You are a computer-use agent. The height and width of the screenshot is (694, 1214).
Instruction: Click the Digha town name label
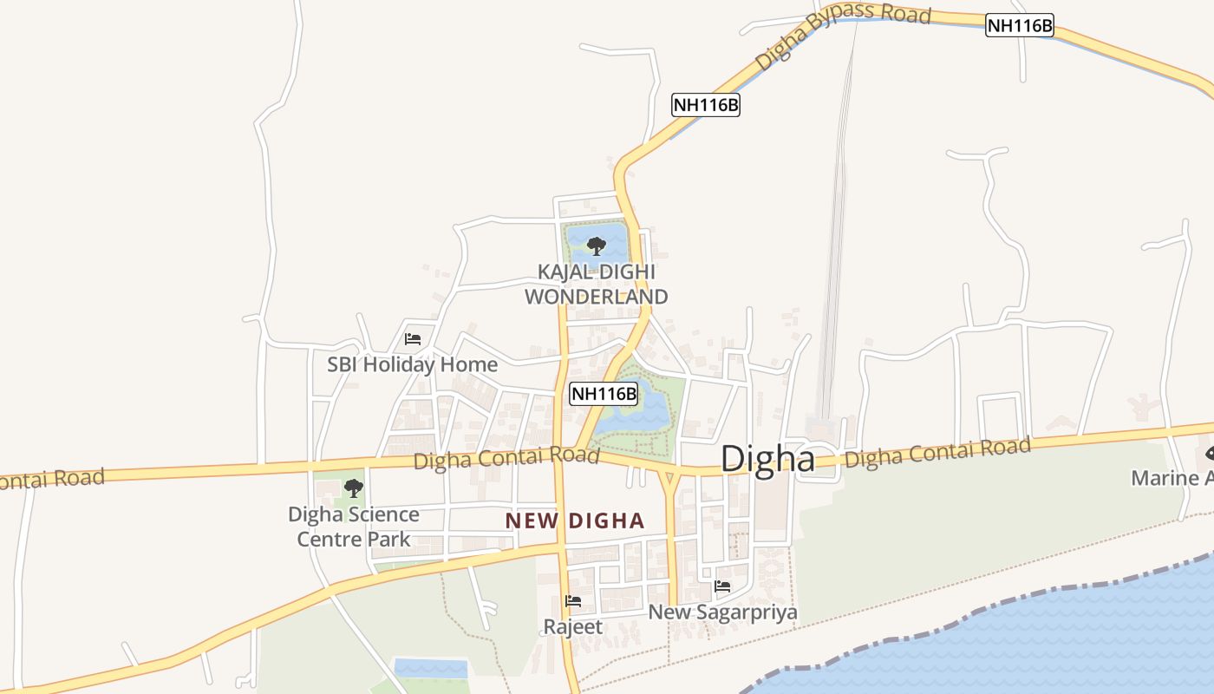click(767, 459)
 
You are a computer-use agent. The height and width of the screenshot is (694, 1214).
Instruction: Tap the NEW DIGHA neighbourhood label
click(575, 520)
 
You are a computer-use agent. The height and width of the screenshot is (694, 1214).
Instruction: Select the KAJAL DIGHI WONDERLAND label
click(597, 285)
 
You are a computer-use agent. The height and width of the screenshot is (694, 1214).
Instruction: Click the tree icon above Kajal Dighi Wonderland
click(596, 246)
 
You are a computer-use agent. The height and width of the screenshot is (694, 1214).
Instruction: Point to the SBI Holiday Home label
click(412, 364)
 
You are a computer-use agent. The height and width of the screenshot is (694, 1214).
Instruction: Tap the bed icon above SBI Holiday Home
click(413, 338)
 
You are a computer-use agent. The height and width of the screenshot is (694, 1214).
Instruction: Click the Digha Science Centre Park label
click(354, 527)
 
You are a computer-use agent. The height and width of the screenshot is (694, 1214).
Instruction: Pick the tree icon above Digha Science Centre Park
click(353, 488)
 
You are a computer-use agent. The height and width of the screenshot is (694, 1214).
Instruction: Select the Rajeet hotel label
click(572, 626)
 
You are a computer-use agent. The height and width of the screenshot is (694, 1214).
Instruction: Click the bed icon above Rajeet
click(572, 600)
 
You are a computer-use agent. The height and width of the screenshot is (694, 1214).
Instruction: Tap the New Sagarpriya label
click(722, 612)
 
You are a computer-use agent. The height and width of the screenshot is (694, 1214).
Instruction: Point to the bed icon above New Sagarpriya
click(721, 586)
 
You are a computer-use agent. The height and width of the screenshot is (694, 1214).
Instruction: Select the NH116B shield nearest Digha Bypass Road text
click(1020, 26)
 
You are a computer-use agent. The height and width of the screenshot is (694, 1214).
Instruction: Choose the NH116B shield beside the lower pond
click(604, 394)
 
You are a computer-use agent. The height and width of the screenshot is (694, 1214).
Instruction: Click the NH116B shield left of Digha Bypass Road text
click(706, 105)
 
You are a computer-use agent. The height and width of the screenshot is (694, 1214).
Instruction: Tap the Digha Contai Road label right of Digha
click(937, 453)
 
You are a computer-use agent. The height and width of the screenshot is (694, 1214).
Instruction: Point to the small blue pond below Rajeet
click(431, 668)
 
